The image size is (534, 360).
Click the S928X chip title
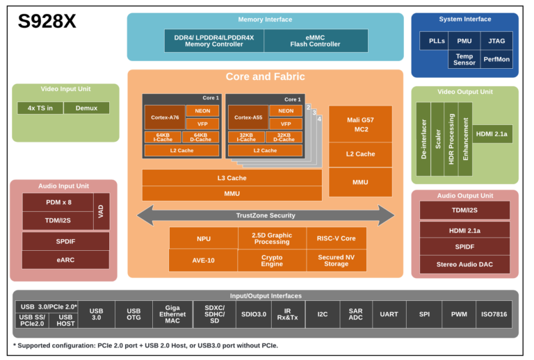[47, 22]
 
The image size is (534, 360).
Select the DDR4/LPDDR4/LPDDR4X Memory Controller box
[213, 40]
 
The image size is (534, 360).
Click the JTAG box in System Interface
[497, 41]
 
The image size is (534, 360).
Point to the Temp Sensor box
[464, 59]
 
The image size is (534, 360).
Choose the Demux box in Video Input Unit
[87, 108]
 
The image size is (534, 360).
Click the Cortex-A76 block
[164, 117]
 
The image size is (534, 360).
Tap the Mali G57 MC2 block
[360, 124]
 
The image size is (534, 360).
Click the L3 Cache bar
[232, 178]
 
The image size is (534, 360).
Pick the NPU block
[203, 238]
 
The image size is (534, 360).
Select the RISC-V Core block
[337, 238]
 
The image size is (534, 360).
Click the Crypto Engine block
[271, 261]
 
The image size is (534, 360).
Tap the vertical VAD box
[102, 211]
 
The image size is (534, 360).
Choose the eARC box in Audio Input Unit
[65, 260]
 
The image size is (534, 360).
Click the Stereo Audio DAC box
[464, 264]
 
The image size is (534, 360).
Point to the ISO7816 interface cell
[494, 314]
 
